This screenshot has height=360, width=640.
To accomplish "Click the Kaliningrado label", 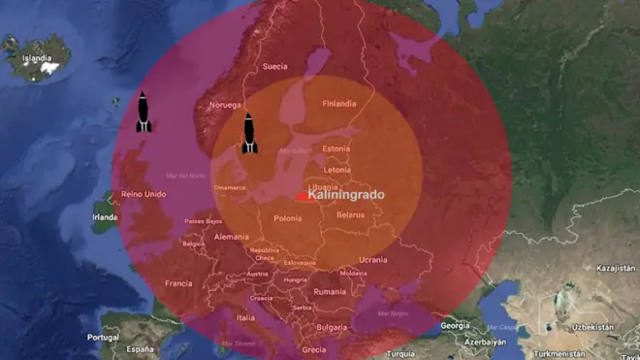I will click(345, 195).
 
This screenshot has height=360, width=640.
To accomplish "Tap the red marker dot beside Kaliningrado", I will click(303, 196).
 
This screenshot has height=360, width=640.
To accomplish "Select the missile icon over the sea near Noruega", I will click(249, 133).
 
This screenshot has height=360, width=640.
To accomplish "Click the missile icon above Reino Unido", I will click(144, 112).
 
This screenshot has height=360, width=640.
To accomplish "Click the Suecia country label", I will click(276, 67).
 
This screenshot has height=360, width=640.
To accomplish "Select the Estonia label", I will click(336, 148).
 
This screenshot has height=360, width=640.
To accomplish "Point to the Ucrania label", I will click(373, 259).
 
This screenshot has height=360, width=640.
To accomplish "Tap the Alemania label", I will click(231, 237).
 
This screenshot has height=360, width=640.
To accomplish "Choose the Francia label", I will click(178, 283).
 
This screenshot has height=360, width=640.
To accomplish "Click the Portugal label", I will click(102, 337).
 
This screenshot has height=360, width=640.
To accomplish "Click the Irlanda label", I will click(104, 217).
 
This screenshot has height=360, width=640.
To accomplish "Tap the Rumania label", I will click(330, 291).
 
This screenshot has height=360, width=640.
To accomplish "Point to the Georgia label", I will click(455, 326).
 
